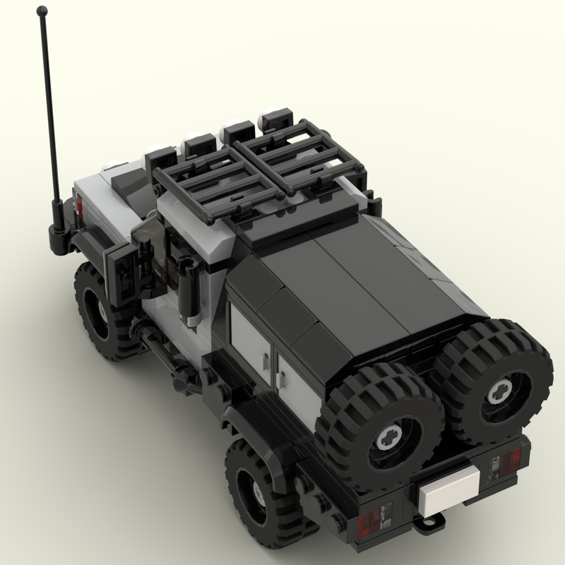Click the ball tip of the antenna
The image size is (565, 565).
[x=43, y=11]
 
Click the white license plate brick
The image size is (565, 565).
[x=446, y=489]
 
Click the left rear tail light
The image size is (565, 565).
[x=371, y=523]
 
